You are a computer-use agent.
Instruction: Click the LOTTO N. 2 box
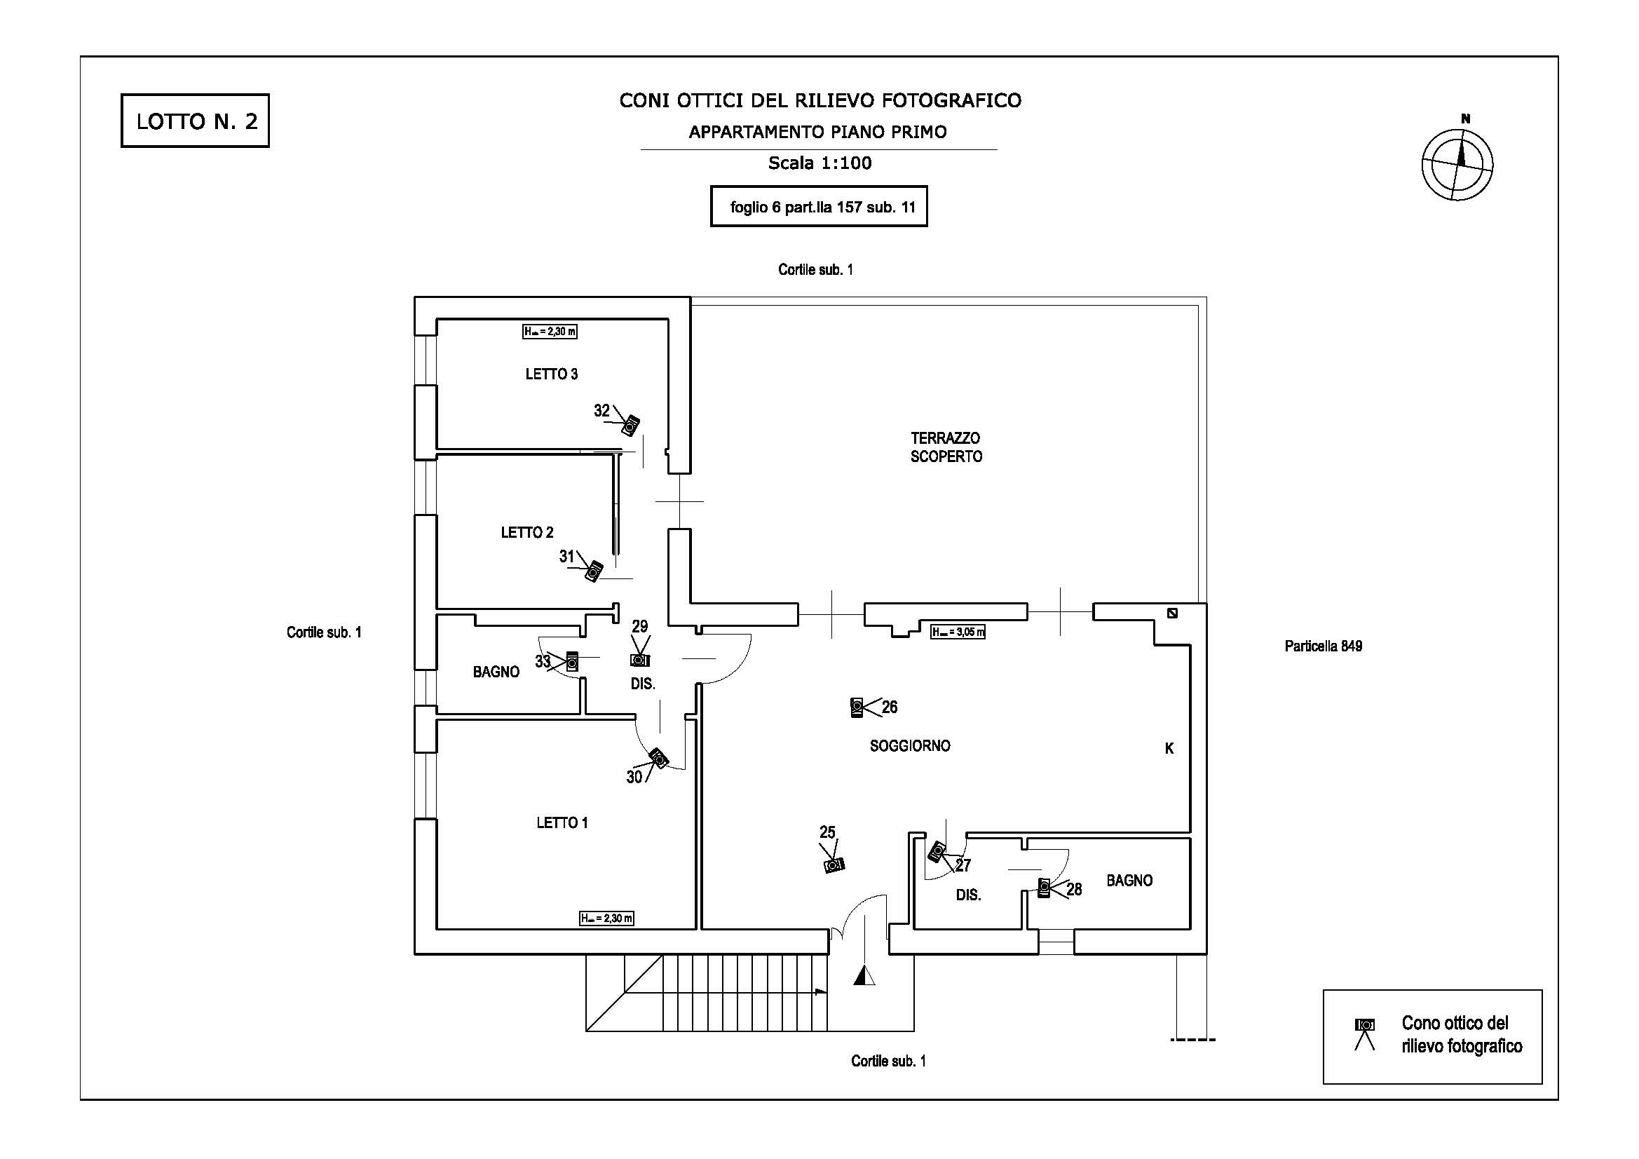coord(195,121)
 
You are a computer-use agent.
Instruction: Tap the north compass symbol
coord(1457,163)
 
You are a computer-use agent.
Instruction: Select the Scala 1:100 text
coord(819,163)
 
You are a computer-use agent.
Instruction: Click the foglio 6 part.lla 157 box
coord(819,206)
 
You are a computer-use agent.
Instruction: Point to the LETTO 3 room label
coord(551,374)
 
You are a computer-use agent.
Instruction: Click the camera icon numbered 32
coord(630,426)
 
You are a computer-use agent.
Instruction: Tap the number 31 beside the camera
coord(567,556)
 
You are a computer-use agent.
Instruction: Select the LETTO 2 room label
coord(527,532)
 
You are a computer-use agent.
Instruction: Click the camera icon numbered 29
coord(639,660)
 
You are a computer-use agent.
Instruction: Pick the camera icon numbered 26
coord(857,707)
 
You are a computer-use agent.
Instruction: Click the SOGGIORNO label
coord(909,745)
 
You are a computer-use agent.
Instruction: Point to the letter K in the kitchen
coord(1169,748)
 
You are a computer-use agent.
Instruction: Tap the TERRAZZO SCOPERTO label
coord(946,447)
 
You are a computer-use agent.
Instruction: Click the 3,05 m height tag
coord(958,632)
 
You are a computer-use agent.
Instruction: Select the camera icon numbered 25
coord(833,865)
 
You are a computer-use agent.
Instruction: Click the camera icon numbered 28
coord(1044,888)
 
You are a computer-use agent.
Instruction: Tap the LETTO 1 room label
coord(562,822)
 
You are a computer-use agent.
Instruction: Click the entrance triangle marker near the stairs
coord(864,975)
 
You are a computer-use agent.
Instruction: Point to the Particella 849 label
coord(1324,646)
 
